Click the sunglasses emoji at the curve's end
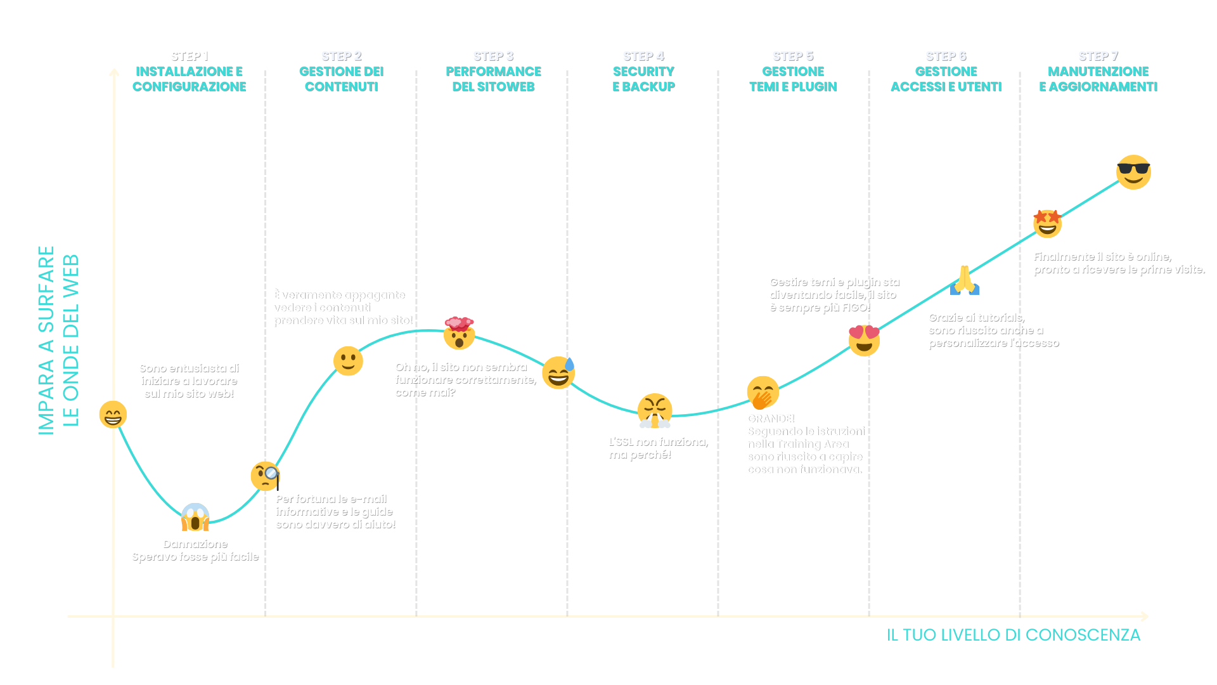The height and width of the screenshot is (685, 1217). point(1133,172)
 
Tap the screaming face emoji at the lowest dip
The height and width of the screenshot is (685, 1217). point(195,518)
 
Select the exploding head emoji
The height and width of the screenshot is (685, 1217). point(459,334)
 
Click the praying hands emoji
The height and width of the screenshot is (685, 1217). point(965,280)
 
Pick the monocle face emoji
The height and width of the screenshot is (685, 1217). point(265,476)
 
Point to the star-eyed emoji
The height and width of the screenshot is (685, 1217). point(1047,223)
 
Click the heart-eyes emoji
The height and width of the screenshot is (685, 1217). point(864,340)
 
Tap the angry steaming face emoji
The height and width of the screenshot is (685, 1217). point(654,410)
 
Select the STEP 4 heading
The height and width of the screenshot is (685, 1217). point(643,56)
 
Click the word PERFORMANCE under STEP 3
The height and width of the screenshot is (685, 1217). point(493,71)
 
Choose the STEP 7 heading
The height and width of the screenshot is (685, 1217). point(1098,56)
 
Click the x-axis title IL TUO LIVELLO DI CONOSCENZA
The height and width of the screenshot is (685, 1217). point(1013,635)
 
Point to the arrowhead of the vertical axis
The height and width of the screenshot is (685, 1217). point(114,72)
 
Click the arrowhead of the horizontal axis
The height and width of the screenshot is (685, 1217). point(1145,616)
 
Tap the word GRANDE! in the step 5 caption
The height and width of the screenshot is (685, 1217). point(770,419)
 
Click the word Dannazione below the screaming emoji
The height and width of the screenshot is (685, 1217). point(195,544)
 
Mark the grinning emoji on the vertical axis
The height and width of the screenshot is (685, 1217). point(113,414)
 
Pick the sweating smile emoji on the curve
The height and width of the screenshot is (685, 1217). point(558,372)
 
